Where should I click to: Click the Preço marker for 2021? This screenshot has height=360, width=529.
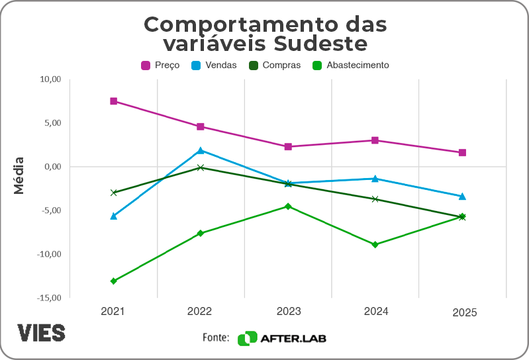114,101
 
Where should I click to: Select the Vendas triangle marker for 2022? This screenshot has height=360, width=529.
201,150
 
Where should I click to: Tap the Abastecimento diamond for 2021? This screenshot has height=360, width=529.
114,281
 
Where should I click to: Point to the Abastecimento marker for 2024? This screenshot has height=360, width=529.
375,245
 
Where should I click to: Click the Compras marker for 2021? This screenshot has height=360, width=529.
114,193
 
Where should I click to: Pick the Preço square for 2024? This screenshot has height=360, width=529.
375,140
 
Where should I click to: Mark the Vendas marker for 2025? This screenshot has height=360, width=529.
463,197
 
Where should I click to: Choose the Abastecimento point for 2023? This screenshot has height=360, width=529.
288,206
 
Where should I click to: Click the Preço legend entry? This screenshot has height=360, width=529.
160,66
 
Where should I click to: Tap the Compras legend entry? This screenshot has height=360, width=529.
275,66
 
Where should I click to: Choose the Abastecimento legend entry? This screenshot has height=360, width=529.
351,66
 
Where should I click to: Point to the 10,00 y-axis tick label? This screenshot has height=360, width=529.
50,79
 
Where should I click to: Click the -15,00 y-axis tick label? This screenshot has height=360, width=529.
49,298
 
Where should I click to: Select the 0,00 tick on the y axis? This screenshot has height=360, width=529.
52,167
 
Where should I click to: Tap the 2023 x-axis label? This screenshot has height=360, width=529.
288,312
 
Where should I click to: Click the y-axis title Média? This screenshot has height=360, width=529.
19,175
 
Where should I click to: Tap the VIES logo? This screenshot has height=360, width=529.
41,333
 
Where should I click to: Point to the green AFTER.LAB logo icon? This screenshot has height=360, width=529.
247,338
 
